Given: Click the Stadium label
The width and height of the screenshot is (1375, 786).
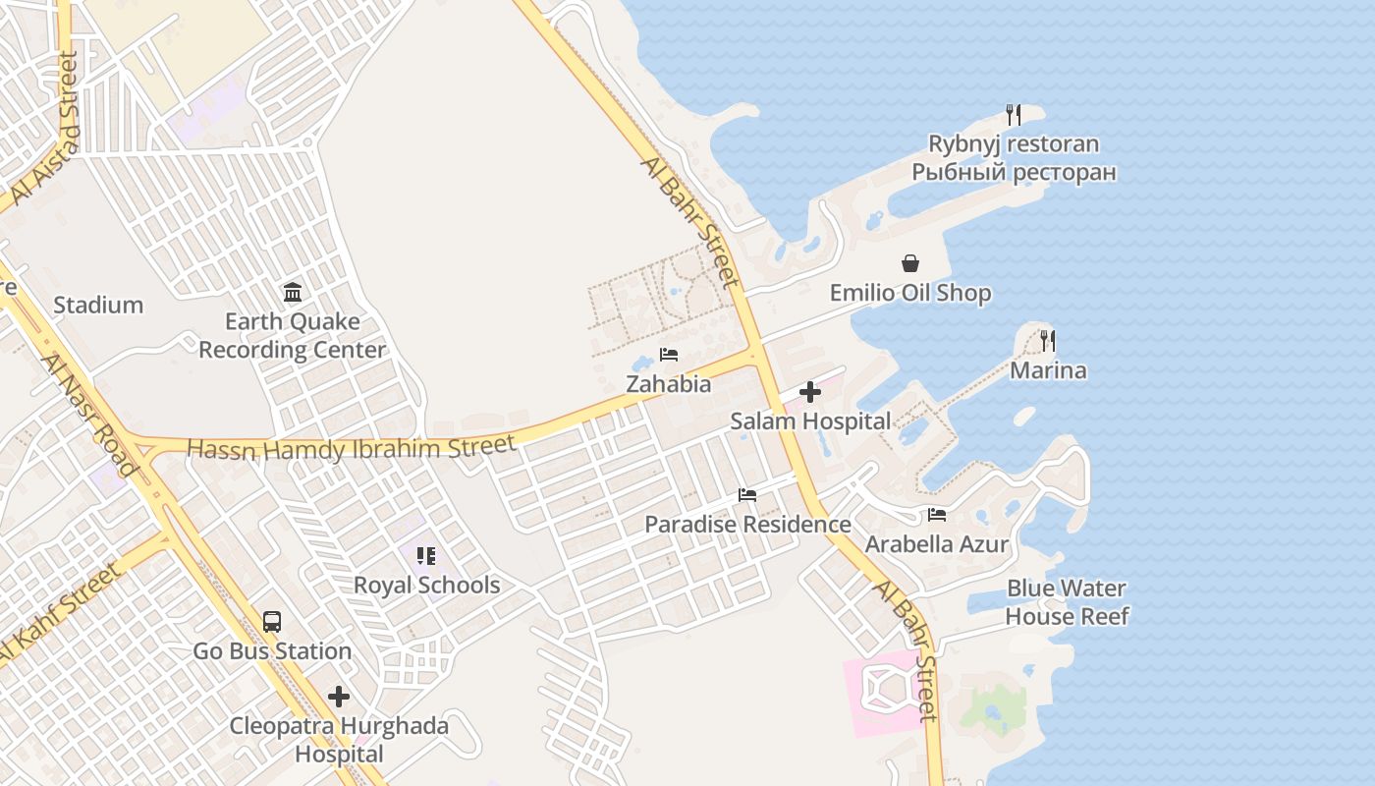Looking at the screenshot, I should pyautogui.click(x=98, y=306).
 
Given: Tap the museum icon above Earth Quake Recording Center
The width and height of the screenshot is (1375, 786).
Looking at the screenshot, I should pyautogui.click(x=293, y=292).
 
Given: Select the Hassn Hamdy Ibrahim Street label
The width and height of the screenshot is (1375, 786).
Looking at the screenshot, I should pyautogui.click(x=352, y=448).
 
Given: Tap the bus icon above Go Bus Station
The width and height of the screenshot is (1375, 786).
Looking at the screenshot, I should pyautogui.click(x=272, y=622).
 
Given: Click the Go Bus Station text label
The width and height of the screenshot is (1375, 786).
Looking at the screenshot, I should pyautogui.click(x=272, y=651).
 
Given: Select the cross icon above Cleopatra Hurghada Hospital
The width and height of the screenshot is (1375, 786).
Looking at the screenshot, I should pyautogui.click(x=339, y=698).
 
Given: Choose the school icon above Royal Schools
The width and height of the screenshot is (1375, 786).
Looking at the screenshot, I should pyautogui.click(x=426, y=556).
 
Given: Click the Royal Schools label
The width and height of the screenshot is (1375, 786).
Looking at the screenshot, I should pyautogui.click(x=426, y=586).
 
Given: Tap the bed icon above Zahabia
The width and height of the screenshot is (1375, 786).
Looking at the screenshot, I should pyautogui.click(x=669, y=355).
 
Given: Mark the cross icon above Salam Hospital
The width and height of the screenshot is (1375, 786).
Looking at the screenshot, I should pyautogui.click(x=810, y=393).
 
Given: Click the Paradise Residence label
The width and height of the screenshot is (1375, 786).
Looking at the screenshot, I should pyautogui.click(x=747, y=525).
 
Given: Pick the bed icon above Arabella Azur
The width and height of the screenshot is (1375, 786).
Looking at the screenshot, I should pyautogui.click(x=937, y=514).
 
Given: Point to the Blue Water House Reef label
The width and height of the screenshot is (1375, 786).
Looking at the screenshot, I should pyautogui.click(x=1067, y=602).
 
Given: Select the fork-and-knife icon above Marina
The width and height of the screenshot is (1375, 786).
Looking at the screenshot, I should pyautogui.click(x=1048, y=341).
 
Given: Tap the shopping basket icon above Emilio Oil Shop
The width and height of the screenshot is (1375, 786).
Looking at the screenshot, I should pyautogui.click(x=910, y=263).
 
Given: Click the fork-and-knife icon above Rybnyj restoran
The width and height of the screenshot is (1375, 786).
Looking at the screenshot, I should pyautogui.click(x=1014, y=115).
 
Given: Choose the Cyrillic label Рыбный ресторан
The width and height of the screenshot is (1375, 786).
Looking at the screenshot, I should pyautogui.click(x=1014, y=173).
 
